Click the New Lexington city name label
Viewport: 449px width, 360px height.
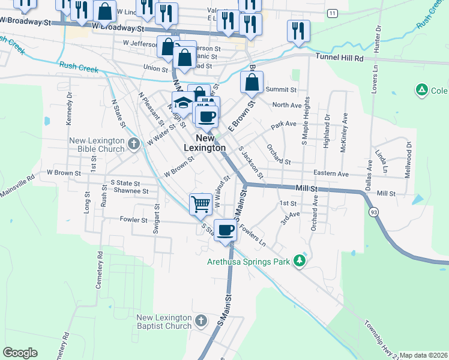point(205,143)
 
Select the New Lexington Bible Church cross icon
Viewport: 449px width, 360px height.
point(134,144)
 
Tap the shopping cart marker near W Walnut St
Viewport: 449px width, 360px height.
point(200,204)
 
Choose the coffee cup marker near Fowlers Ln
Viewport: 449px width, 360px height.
point(225,229)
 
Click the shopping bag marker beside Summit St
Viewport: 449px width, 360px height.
point(252,83)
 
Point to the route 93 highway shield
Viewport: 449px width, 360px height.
point(374,213)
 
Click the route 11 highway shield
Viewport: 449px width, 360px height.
point(332,13)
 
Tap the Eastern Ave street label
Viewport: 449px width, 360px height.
point(331,173)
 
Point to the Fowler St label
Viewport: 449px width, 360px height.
point(133,220)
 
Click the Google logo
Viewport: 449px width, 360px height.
point(20,353)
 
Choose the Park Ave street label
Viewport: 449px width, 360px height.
point(283,125)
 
